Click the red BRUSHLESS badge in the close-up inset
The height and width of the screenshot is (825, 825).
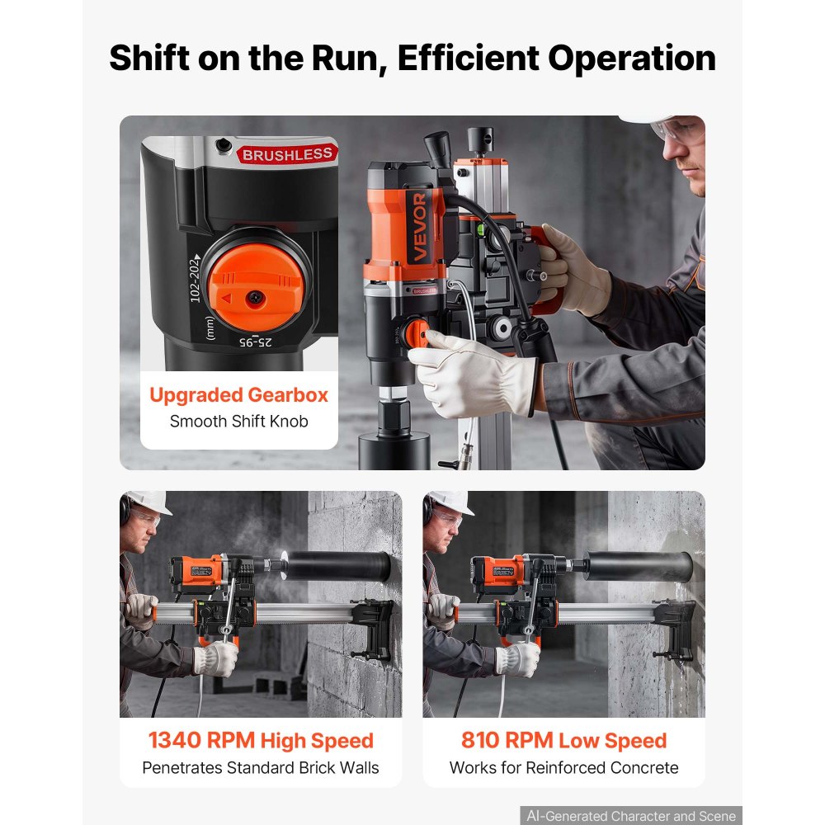click(x=287, y=153)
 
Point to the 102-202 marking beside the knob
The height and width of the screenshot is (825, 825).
click(x=196, y=278)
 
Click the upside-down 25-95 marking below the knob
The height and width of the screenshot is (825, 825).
click(x=256, y=342)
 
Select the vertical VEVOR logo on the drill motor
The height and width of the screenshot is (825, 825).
click(x=419, y=227)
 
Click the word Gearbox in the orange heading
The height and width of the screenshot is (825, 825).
click(x=288, y=395)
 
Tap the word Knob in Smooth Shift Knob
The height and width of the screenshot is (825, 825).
click(x=289, y=422)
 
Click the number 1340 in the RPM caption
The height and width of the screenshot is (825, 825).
click(x=175, y=740)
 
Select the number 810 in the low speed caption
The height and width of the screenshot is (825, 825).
click(x=480, y=740)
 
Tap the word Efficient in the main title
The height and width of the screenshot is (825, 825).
click(x=469, y=58)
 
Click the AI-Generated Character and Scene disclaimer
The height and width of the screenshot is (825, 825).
click(x=631, y=816)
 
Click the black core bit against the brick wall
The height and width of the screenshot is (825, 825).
click(x=337, y=566)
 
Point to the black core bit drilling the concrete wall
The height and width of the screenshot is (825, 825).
click(x=639, y=566)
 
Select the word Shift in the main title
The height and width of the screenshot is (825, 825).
click(x=149, y=58)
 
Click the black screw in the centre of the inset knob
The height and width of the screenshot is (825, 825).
click(x=255, y=299)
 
